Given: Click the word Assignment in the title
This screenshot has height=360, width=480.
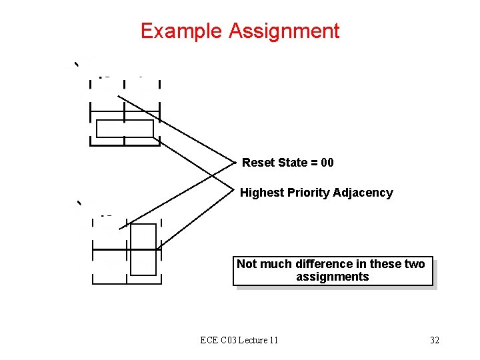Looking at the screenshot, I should (x=284, y=31).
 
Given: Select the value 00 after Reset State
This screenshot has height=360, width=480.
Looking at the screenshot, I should (x=327, y=163).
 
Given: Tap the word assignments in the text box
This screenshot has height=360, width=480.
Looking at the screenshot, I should (x=332, y=277).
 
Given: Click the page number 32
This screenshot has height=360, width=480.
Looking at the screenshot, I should (x=435, y=341).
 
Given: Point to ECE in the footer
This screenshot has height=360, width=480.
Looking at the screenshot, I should (x=208, y=341).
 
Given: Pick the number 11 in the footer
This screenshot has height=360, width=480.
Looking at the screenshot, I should (x=273, y=341).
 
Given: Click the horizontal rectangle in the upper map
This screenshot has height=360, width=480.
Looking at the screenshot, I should (x=125, y=128).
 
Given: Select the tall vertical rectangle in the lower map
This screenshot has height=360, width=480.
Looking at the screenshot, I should (x=143, y=249).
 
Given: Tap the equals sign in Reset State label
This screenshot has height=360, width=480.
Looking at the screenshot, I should (x=310, y=163).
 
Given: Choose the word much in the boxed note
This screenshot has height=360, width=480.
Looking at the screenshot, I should (x=276, y=264).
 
